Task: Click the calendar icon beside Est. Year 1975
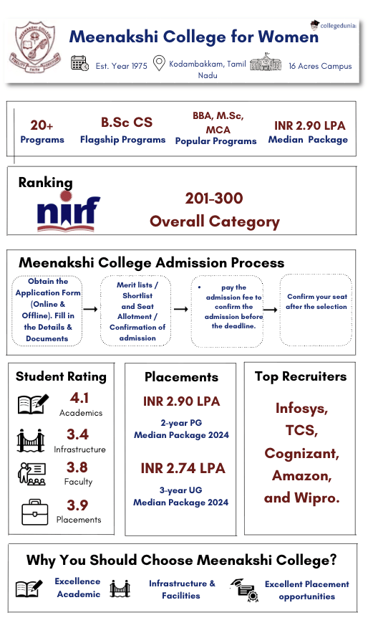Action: pyautogui.click(x=79, y=64)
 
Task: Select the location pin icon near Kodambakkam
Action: pyautogui.click(x=159, y=63)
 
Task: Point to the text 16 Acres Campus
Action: pyautogui.click(x=320, y=66)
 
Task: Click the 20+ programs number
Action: pyautogui.click(x=42, y=125)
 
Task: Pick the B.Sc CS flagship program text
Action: pyautogui.click(x=126, y=122)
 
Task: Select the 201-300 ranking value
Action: pyautogui.click(x=213, y=199)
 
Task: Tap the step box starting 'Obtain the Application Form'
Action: pyautogui.click(x=47, y=310)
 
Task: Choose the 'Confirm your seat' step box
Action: pyautogui.click(x=316, y=302)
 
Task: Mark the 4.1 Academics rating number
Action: pyautogui.click(x=79, y=398)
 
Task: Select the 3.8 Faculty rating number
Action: pyautogui.click(x=77, y=467)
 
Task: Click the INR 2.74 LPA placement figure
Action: pyautogui.click(x=183, y=468)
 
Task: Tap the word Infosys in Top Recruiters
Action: pyautogui.click(x=301, y=409)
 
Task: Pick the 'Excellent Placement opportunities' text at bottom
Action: pyautogui.click(x=306, y=590)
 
